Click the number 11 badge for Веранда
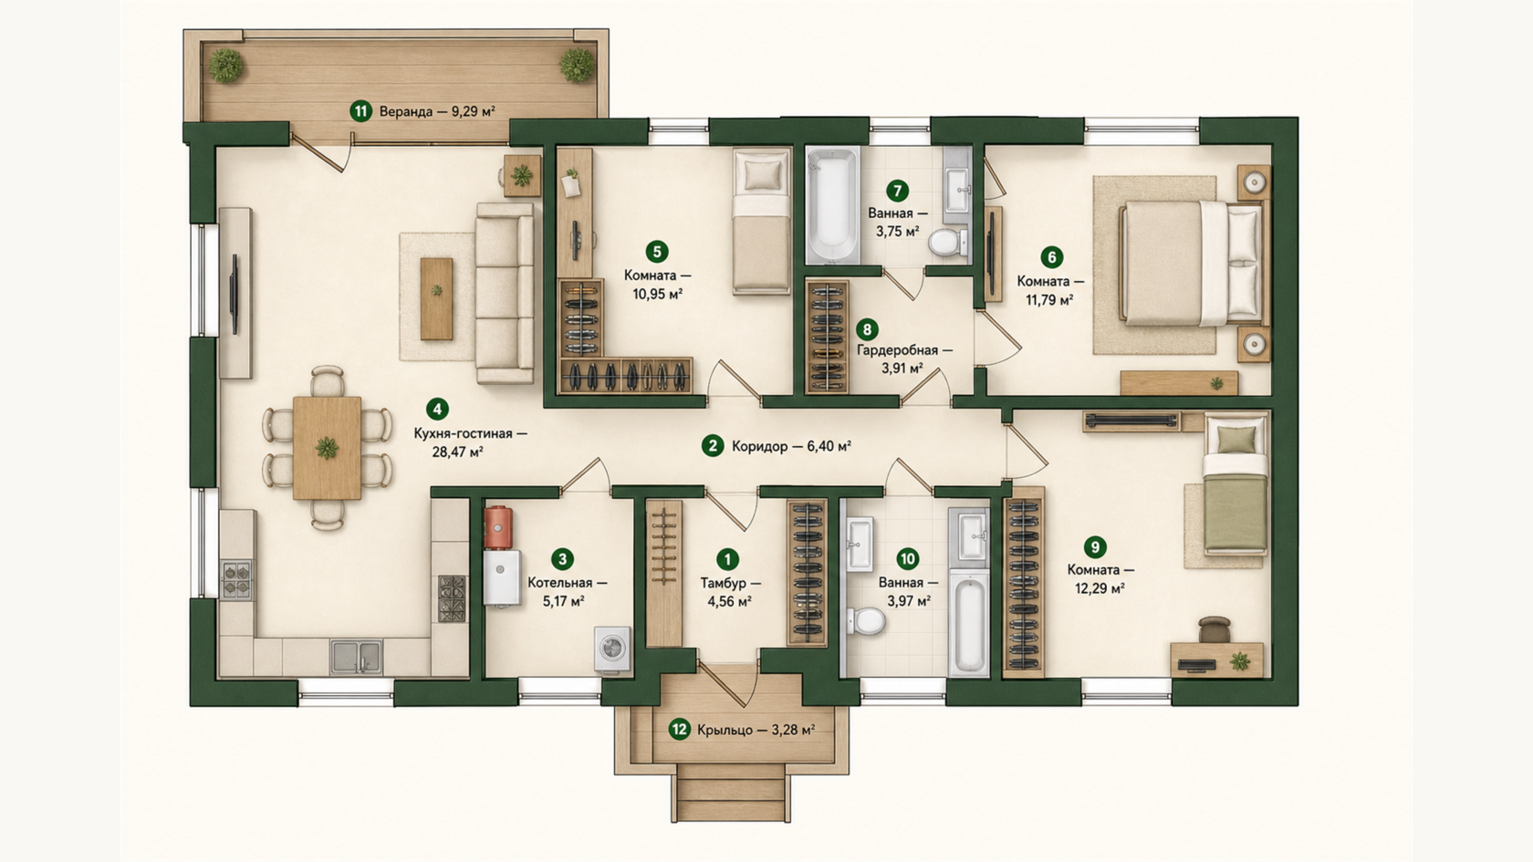(360, 111)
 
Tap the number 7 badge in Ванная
(897, 191)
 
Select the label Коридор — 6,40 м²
(791, 447)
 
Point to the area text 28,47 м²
(457, 452)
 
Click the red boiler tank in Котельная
(499, 527)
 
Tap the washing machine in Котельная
(612, 649)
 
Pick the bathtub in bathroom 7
(831, 204)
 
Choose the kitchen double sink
(356, 657)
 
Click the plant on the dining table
(327, 448)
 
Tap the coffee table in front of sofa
(436, 298)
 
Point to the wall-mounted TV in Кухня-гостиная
(235, 294)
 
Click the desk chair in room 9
(1215, 629)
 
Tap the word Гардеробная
(897, 350)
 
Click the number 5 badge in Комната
(656, 252)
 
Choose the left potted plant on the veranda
(226, 66)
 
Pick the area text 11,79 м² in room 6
(1049, 299)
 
